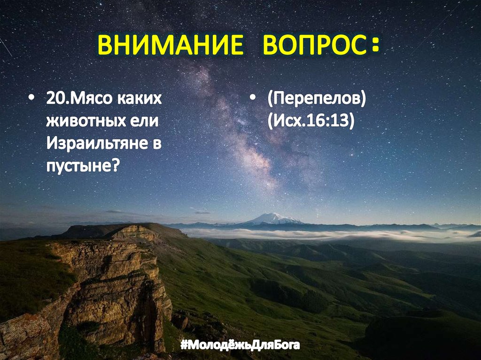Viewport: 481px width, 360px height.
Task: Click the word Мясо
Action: pyautogui.click(x=88, y=99)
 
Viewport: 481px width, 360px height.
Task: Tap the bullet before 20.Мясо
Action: pyautogui.click(x=31, y=100)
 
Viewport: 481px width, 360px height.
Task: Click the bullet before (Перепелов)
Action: pyautogui.click(x=253, y=100)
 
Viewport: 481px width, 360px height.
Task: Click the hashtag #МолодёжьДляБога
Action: pyautogui.click(x=240, y=346)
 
